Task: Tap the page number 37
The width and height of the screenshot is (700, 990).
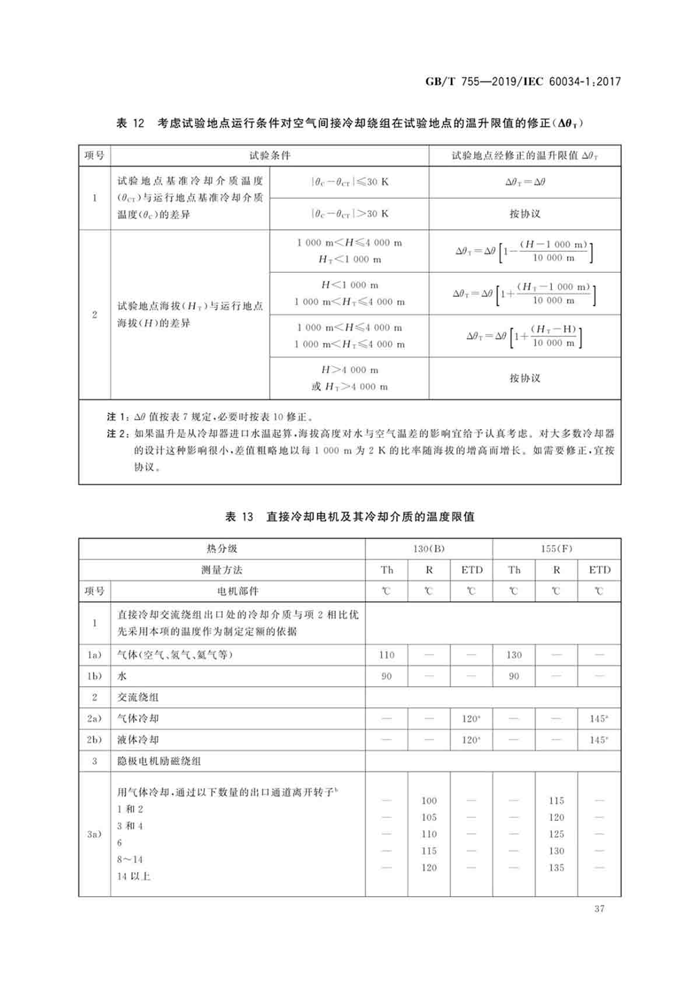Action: click(599, 908)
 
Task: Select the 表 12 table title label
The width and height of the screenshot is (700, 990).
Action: click(130, 123)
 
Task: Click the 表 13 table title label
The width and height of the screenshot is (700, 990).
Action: click(239, 517)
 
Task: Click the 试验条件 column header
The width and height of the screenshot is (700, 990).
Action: click(269, 156)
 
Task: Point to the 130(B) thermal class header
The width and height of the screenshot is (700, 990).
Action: click(429, 549)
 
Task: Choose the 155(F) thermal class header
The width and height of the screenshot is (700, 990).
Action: click(556, 549)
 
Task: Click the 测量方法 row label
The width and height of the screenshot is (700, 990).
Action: click(222, 570)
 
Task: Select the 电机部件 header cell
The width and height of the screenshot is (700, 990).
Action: click(237, 591)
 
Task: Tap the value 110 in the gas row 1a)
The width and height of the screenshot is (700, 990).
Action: click(387, 655)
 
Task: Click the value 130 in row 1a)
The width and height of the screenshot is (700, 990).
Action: click(514, 655)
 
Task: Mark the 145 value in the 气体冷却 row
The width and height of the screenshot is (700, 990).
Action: click(598, 719)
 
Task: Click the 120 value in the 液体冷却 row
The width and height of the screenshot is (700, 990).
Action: click(471, 740)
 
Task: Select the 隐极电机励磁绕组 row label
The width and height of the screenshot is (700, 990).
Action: click(159, 761)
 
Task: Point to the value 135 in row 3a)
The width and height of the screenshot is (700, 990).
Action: click(556, 868)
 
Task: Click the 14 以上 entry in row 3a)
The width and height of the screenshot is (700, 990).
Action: click(134, 876)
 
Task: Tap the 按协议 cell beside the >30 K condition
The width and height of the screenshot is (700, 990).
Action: click(524, 214)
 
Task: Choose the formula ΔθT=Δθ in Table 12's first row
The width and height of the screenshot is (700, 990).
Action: click(524, 182)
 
